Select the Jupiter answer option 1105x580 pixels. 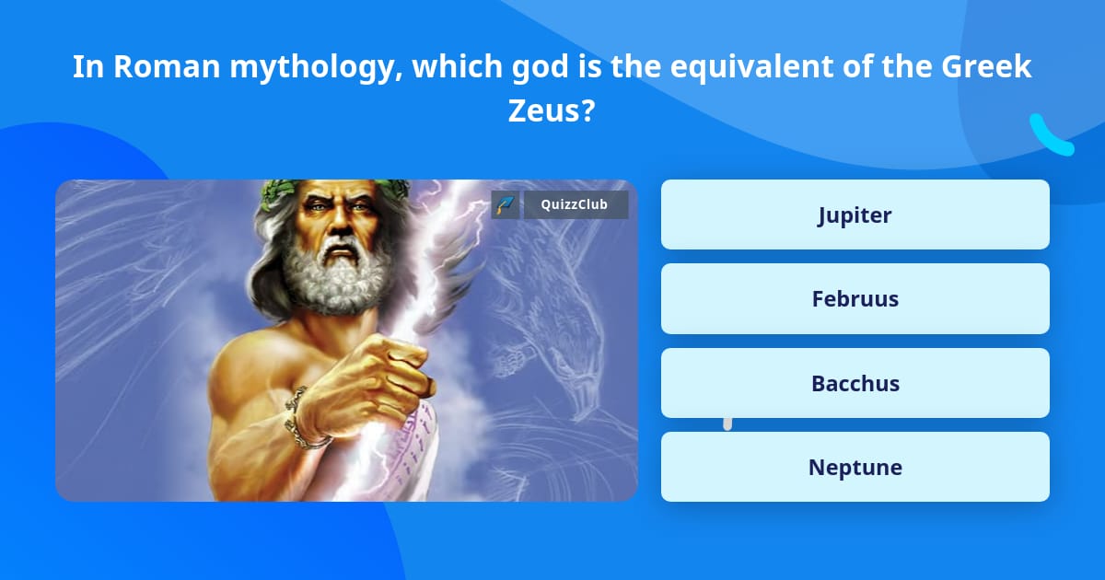point(855,215)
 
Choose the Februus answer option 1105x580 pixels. point(855,298)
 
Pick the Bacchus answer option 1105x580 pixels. point(855,383)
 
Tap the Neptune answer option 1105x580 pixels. point(855,467)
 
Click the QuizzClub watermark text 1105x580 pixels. point(576,204)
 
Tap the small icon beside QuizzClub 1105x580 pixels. point(506,204)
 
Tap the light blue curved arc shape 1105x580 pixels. point(1051,135)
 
